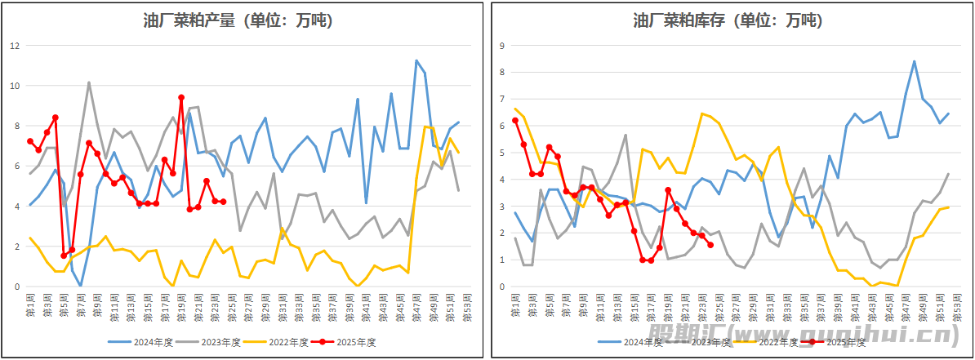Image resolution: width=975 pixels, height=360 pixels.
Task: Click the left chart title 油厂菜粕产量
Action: click(243, 21)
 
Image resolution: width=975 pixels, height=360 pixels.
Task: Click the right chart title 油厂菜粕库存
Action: click(727, 21)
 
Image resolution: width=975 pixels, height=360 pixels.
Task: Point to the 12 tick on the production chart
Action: click(14, 46)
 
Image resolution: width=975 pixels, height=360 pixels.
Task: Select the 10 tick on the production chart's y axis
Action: click(14, 86)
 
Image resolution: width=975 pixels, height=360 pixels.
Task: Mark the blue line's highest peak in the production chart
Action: click(416, 60)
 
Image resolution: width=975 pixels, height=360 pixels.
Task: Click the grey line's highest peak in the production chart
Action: click(89, 82)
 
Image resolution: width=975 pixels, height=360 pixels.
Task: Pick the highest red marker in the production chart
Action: click(181, 97)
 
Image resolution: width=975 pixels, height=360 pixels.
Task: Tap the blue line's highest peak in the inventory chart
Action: click(914, 61)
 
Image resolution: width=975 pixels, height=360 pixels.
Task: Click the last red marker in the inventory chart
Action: click(710, 245)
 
